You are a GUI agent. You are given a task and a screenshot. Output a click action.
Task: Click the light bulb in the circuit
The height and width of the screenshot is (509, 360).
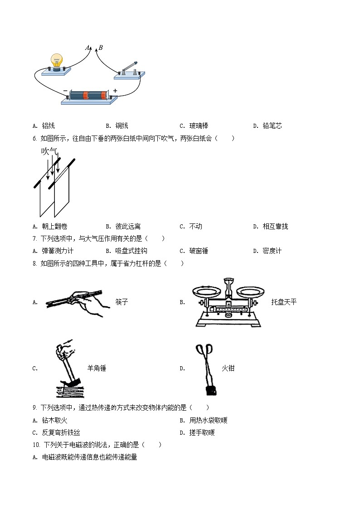point(57,61)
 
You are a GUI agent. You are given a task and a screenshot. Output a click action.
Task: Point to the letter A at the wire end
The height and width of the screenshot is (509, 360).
point(88,48)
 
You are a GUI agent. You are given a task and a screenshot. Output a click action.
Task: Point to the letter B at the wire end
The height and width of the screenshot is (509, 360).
point(100,48)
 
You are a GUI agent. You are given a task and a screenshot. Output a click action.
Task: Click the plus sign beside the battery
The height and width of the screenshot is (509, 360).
point(115,91)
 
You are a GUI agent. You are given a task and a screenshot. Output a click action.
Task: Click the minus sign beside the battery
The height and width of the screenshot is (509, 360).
point(65,91)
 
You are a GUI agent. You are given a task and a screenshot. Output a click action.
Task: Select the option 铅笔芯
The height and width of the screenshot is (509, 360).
point(272,126)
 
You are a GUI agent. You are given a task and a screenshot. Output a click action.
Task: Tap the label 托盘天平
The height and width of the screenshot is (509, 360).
point(284,302)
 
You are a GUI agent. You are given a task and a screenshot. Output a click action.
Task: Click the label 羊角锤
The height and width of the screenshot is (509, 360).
point(97,368)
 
